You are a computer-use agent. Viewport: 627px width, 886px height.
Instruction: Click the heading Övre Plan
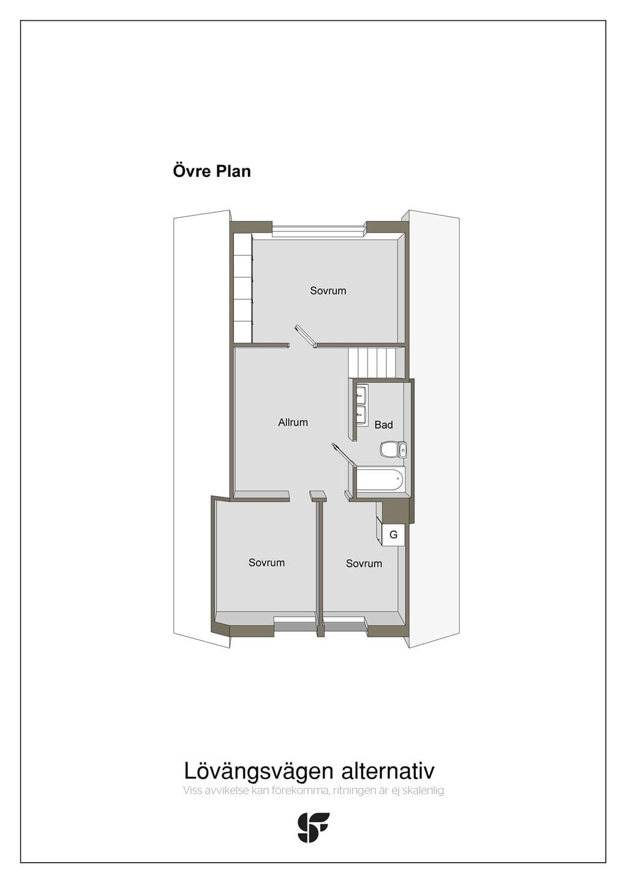pos(212,171)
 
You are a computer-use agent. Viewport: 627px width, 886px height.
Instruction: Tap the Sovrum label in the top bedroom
pos(328,291)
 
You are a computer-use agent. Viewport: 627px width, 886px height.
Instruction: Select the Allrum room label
pos(293,422)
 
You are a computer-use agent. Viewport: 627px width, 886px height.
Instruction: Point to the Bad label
pos(383,425)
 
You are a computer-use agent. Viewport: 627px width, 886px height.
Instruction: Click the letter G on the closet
pos(394,535)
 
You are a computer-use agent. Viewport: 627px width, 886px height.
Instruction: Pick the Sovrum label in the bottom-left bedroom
pos(266,562)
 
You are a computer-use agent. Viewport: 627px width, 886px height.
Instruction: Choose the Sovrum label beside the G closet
pos(364,564)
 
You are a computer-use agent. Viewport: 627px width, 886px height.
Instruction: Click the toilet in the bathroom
pos(393,450)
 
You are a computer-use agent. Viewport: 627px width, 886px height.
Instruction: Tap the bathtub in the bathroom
pos(380,479)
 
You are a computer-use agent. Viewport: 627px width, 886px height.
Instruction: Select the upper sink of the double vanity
pos(361,393)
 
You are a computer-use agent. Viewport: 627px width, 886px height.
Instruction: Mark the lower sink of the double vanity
pos(361,414)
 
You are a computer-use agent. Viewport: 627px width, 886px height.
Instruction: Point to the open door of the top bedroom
pos(305,337)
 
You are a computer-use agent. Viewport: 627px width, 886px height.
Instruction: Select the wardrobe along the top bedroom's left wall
pos(242,288)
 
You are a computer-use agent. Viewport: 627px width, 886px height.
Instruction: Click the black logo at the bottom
pos(313,827)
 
